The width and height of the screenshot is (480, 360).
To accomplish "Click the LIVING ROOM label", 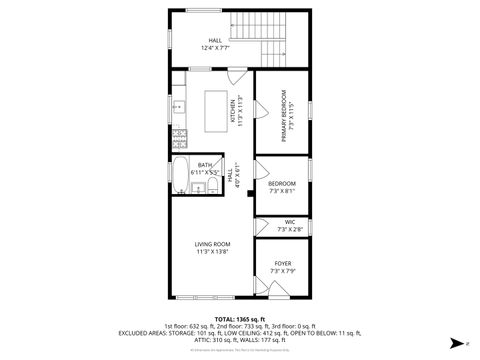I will pyautogui.click(x=212, y=243).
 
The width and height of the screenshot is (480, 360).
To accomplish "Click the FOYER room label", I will pyautogui.click(x=283, y=263).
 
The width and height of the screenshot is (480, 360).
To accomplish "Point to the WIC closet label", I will pyautogui.click(x=289, y=222).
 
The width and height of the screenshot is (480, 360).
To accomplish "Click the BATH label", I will pyautogui.click(x=204, y=165).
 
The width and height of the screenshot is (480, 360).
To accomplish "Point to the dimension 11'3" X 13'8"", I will pyautogui.click(x=212, y=251).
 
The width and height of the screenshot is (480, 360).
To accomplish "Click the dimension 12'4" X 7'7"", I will pyautogui.click(x=215, y=47).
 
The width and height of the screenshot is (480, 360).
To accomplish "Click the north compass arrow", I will pyautogui.click(x=456, y=341).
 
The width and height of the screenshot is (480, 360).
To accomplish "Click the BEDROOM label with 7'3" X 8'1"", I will pyautogui.click(x=282, y=184).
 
